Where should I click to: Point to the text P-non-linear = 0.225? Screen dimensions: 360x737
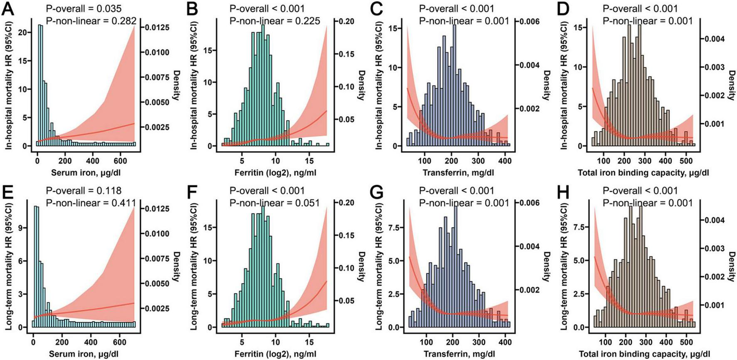pyautogui.click(x=275, y=21)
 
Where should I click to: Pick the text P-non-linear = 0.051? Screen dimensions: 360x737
pyautogui.click(x=275, y=203)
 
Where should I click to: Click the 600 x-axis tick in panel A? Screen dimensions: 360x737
pyautogui.click(x=120, y=161)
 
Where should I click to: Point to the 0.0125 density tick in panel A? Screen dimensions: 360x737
pyautogui.click(x=157, y=27)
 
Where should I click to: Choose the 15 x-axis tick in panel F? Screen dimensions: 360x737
pyautogui.click(x=309, y=343)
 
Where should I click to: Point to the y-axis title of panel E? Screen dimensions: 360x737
pyautogui.click(x=8, y=267)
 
